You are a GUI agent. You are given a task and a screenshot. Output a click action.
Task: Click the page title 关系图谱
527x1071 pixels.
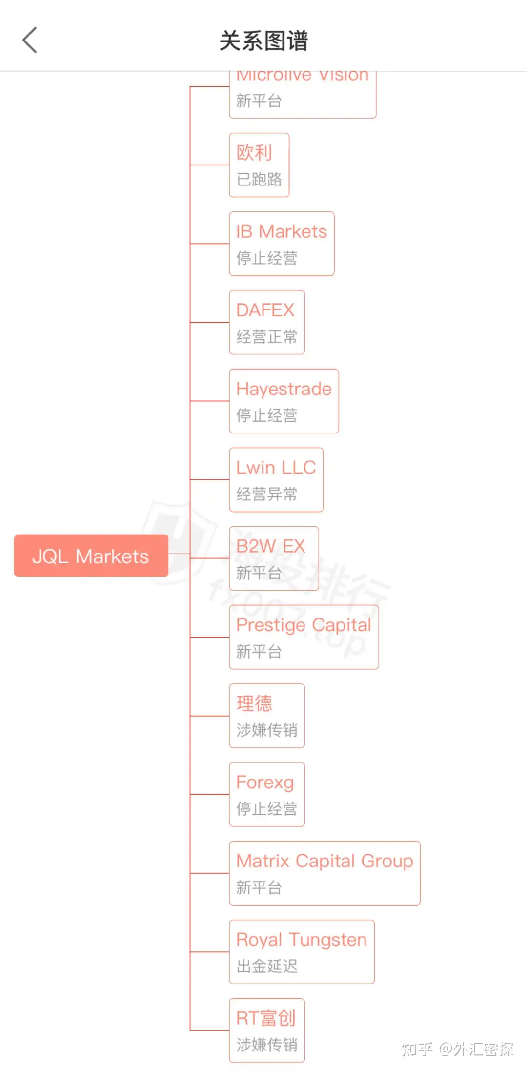coord(263,41)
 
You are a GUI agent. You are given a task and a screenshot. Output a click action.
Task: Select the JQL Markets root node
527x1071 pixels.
coord(91,556)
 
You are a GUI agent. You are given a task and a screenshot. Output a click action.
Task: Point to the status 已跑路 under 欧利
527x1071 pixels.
coord(259,179)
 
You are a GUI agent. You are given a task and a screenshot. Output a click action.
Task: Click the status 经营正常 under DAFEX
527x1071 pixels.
coord(266,337)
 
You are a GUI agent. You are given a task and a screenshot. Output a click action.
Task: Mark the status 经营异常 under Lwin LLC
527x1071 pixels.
coord(266,494)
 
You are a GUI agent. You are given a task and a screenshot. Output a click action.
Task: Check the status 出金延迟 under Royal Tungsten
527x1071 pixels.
coord(266,966)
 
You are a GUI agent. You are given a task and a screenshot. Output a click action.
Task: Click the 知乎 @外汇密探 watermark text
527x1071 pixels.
coord(457,1049)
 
